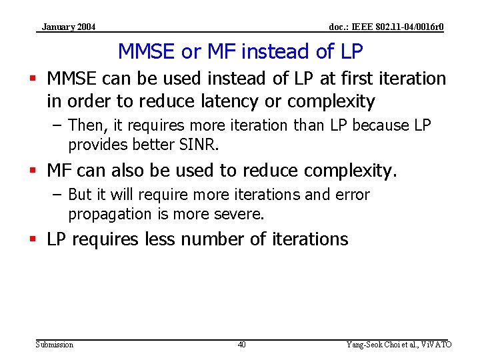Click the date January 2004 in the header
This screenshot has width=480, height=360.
68,27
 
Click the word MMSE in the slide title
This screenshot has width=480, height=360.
145,51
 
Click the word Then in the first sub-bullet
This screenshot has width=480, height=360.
85,125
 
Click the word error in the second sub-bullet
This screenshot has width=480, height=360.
351,195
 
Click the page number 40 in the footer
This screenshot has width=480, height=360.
241,345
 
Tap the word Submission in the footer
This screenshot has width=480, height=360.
55,345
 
